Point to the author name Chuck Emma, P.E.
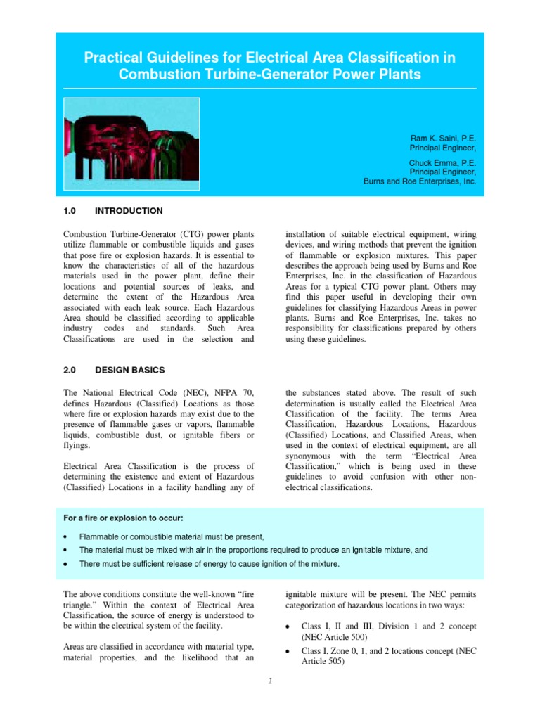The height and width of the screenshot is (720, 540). tap(442, 162)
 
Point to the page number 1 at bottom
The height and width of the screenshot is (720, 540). tap(270, 679)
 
